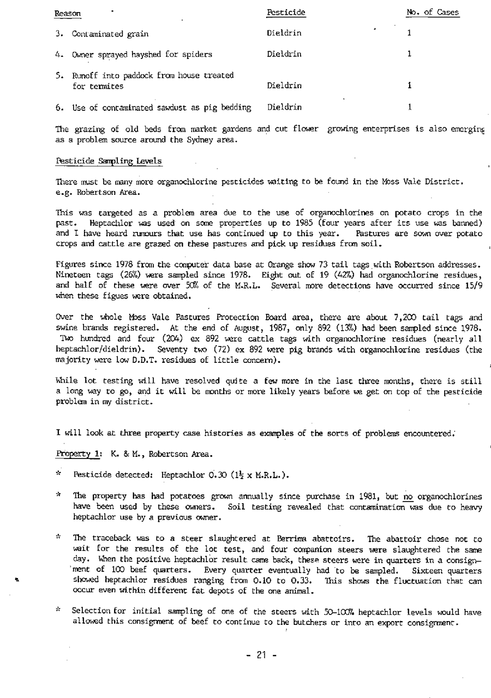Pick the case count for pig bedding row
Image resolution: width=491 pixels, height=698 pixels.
[x=409, y=108]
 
